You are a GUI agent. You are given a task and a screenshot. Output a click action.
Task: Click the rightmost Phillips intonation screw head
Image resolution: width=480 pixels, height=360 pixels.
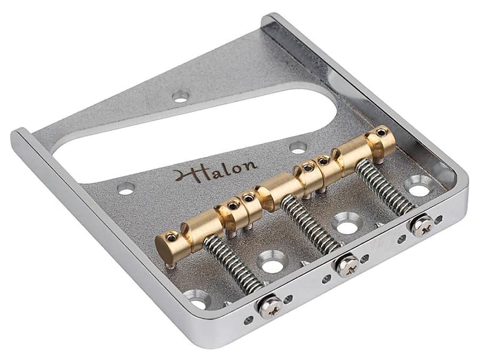point(422,225)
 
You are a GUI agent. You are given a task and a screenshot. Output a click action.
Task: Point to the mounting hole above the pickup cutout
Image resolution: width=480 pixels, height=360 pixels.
point(180,95)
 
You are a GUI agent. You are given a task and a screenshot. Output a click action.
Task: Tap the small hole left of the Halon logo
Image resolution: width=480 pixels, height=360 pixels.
point(126,188)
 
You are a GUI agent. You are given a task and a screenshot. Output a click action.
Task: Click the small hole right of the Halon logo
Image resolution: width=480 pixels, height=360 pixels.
point(297,147)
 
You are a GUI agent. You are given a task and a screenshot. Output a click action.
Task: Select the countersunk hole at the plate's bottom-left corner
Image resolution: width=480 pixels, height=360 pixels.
point(197,298)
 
